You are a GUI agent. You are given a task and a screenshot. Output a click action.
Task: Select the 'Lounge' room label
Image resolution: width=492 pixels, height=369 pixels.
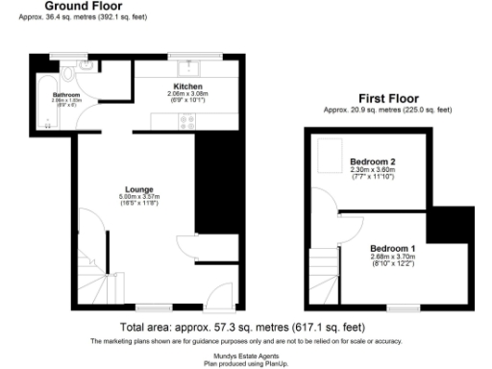pos(139,189)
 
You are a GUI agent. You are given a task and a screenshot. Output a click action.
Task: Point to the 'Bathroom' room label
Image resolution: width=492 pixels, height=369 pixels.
pos(66,95)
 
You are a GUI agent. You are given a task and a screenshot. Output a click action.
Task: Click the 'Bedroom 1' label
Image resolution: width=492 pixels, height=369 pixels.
pos(393,249)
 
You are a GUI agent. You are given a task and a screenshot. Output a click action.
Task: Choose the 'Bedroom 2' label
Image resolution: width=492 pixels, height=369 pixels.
pos(372,161)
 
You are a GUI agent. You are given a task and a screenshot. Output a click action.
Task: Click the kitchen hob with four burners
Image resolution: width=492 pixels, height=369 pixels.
pos(187,121)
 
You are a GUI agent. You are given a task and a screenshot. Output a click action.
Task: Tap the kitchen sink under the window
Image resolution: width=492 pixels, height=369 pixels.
pos(187,66)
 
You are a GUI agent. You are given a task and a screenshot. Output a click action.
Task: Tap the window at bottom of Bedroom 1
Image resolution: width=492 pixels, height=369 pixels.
pos(395,306)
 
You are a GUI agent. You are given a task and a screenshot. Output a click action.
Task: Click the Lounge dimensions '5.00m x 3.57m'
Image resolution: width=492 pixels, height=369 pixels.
pos(139,198)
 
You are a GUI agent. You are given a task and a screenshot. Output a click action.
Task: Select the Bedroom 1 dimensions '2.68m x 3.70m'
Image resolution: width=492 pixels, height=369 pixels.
pos(393,258)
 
